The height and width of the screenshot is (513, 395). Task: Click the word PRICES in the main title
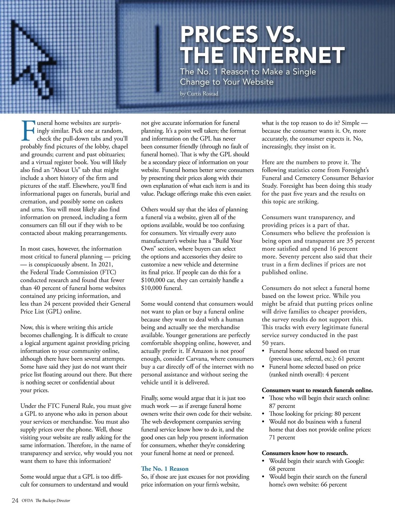pos(219,34)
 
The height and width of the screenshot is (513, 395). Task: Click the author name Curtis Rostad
pos(202,94)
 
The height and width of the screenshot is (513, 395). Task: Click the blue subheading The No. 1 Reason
pos(165,469)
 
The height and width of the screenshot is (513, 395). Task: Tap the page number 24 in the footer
pos(15,500)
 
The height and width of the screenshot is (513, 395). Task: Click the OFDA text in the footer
pos(27,501)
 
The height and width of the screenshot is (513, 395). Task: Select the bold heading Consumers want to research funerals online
pos(317,390)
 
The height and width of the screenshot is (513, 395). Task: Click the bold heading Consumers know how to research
pos(304,453)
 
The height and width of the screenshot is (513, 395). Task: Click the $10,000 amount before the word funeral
pos(152,288)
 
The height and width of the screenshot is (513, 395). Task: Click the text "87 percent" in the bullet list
pos(282,406)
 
